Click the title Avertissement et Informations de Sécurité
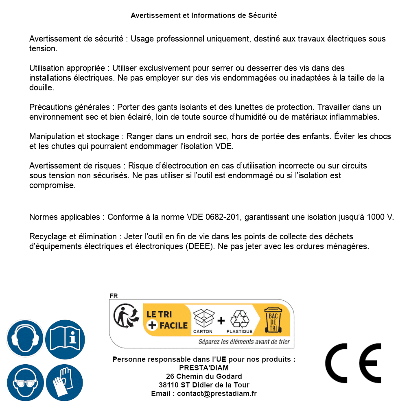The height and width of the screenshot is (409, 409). pos(204,15)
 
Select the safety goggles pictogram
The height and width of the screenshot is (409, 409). pos(25,383)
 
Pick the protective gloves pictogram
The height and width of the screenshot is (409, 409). pos(65,383)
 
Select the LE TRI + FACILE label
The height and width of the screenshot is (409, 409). pos(167,320)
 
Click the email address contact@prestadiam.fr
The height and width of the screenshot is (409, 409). pos(217,394)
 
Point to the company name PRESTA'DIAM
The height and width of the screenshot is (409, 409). pos(204,368)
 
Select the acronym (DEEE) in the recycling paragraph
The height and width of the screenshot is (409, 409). pos(201,246)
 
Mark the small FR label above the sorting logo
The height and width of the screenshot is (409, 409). pos(114,296)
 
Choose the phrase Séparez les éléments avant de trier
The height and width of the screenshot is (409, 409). pos(244,342)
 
